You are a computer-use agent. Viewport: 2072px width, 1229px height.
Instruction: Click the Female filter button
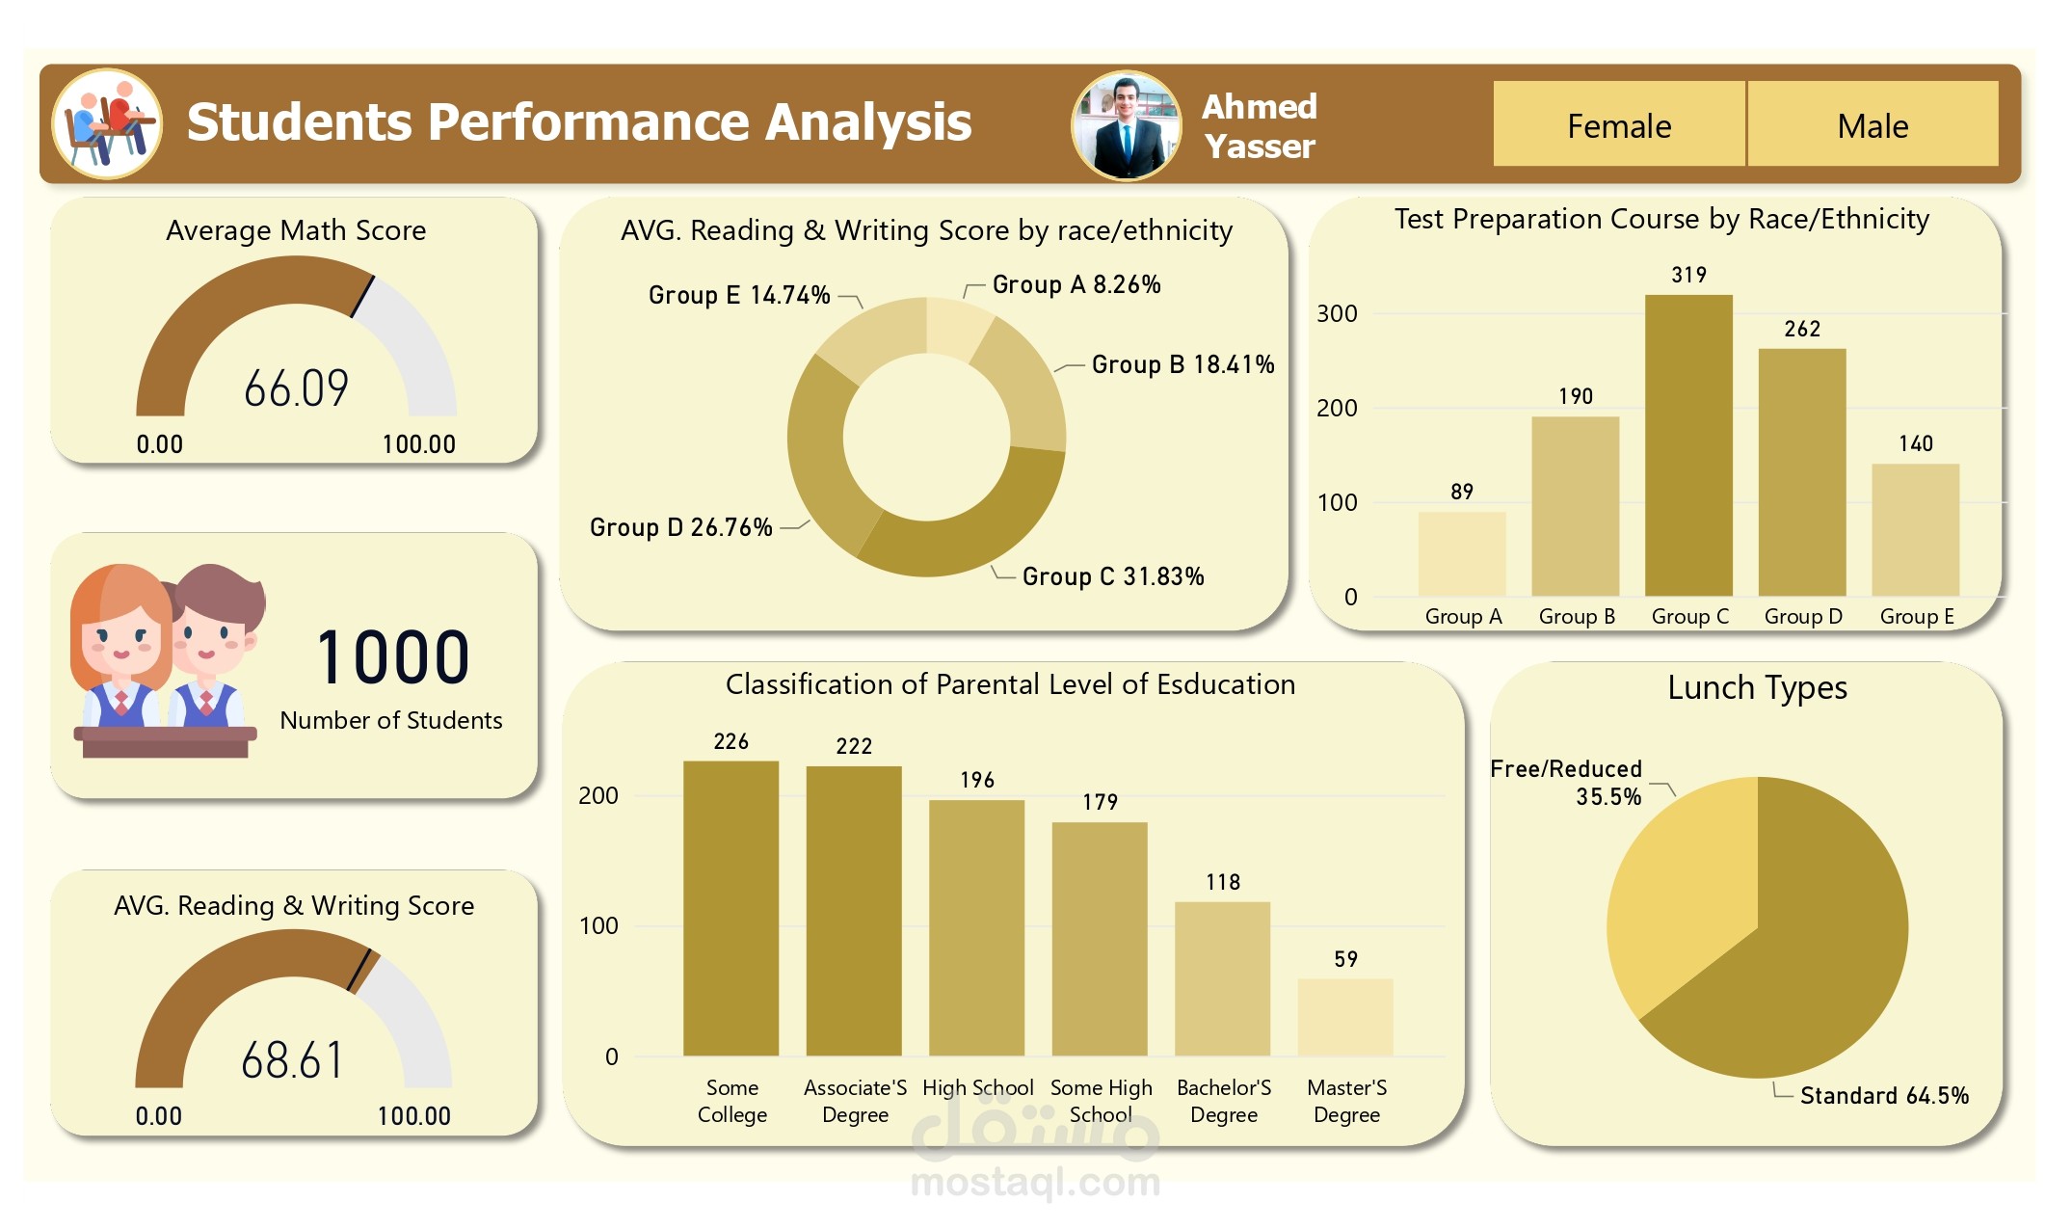tap(1618, 125)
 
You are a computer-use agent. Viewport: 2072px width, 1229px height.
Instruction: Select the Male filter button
tap(1872, 125)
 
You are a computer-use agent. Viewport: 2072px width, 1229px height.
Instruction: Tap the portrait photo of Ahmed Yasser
tap(1126, 125)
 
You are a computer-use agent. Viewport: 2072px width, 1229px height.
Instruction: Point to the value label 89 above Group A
tap(1461, 492)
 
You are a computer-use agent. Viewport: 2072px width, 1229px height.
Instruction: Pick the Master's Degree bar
tap(1345, 1017)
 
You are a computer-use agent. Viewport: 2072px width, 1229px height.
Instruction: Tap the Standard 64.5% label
tap(1883, 1095)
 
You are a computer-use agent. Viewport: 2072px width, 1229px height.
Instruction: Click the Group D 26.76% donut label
tap(680, 527)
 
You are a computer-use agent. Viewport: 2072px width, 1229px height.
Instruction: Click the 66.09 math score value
tap(296, 388)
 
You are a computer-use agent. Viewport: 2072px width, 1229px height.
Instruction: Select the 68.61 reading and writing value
tap(292, 1060)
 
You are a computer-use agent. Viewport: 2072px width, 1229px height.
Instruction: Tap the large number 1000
tap(392, 658)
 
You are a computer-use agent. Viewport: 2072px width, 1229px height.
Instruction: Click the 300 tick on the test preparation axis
tap(1337, 313)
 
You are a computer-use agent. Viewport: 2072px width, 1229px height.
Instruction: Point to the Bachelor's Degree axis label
tap(1223, 1101)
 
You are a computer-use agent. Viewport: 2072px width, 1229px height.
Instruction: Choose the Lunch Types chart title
tap(1757, 687)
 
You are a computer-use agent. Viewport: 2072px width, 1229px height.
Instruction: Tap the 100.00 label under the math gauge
tap(418, 444)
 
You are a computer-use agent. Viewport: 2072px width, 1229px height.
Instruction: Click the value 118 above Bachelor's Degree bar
tap(1222, 882)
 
